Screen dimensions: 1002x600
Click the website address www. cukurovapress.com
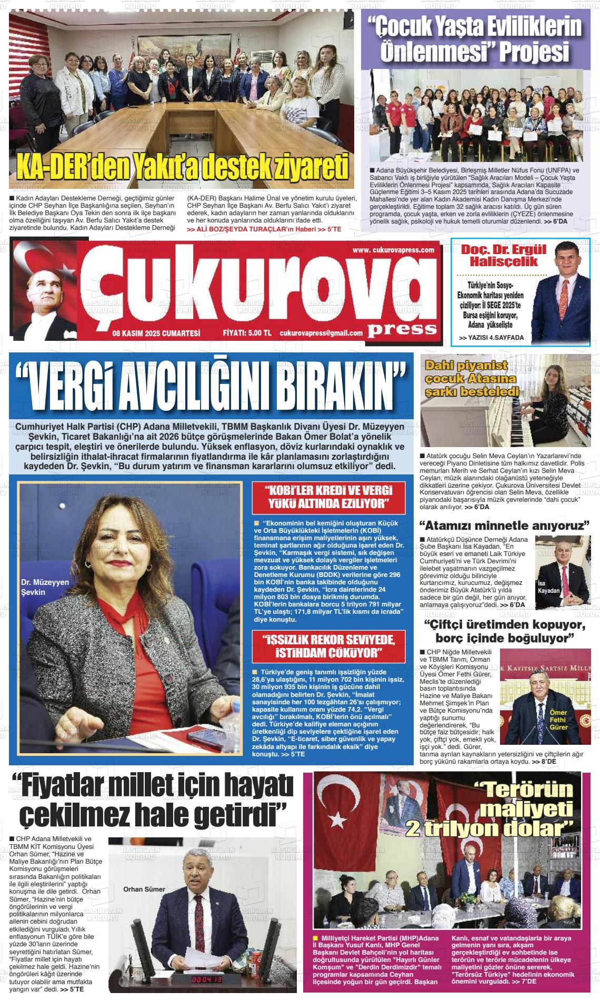pos(393,250)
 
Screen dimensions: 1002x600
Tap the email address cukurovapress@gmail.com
pos(321,332)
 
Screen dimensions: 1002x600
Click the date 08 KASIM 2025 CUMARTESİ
pos(156,332)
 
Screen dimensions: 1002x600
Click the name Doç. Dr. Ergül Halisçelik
pos(496,255)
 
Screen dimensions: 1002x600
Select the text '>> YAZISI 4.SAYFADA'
pos(491,338)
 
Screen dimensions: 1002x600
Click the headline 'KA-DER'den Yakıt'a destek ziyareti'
pos(183,167)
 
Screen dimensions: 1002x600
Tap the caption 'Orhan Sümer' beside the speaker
pos(144,889)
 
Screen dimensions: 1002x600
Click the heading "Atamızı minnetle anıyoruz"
pos(504,525)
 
